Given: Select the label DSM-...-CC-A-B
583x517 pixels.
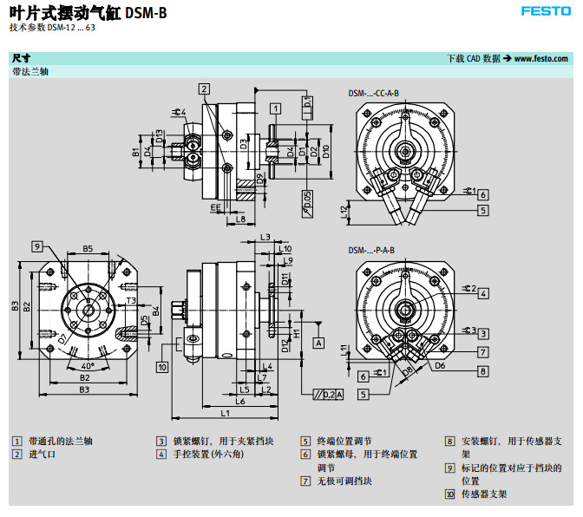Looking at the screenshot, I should click(374, 93).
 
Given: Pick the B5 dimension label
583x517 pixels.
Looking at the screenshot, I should click(88, 249).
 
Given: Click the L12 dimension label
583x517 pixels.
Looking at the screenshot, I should click(344, 210).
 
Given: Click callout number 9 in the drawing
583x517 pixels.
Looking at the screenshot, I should click(38, 246).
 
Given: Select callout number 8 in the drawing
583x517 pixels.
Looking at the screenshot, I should click(482, 371).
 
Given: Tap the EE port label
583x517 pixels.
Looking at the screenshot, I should click(214, 207).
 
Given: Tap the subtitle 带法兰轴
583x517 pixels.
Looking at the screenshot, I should click(29, 71).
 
